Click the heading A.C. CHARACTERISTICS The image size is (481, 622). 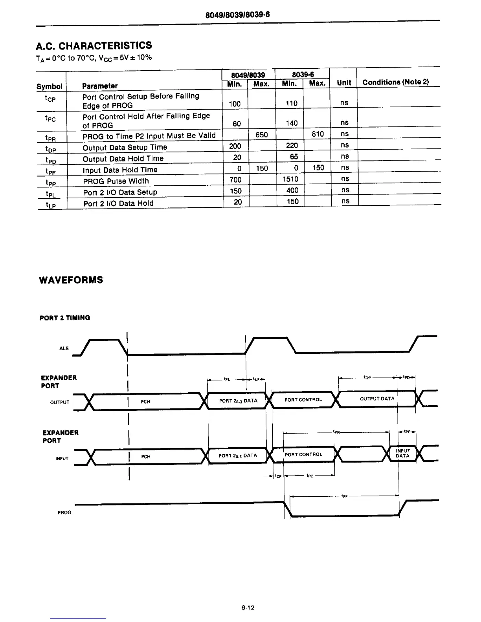pos(94,46)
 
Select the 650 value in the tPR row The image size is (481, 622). pos(261,135)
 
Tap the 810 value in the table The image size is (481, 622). pos(318,134)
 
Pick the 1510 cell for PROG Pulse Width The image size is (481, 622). pos(291,179)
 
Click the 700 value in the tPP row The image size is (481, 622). pos(235,180)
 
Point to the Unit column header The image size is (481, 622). pos(344,82)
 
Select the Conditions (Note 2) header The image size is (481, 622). pos(395,82)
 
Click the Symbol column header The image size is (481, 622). pos(50,86)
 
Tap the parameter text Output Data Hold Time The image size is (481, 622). pos(123,159)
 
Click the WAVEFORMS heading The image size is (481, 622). pos(71,280)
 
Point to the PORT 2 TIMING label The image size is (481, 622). pos(65,318)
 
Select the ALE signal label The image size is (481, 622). pos(64,348)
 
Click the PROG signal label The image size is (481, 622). pos(64,512)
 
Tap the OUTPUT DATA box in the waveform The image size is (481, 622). pos(377,399)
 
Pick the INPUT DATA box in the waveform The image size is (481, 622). pos(402,454)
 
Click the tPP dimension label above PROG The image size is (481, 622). pos(344,496)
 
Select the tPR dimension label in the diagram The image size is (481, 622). pos(336,432)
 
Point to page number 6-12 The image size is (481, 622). pos(248,607)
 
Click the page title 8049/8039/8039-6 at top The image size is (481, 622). pos(238,15)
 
